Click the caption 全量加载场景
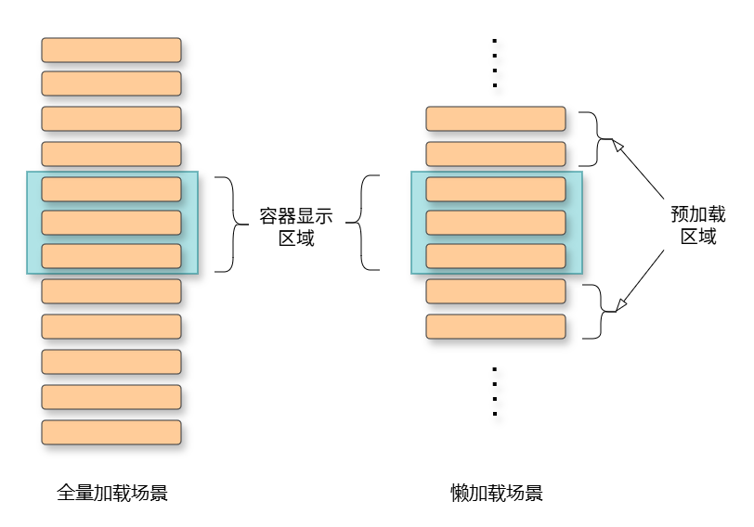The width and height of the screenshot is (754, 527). point(112,493)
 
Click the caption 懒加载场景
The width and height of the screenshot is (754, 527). point(496,493)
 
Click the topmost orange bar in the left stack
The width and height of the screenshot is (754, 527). point(111,50)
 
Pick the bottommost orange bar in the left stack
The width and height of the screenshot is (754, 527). point(111,432)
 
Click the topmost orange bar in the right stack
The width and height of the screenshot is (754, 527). point(496,119)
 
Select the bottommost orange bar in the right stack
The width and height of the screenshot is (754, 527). point(496,327)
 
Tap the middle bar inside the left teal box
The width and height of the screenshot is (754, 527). point(111,223)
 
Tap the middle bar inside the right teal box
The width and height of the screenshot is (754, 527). point(496,223)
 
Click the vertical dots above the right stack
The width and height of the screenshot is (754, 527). point(495,63)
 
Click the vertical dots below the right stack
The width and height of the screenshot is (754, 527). point(495,391)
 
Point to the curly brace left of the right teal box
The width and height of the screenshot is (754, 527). point(369,223)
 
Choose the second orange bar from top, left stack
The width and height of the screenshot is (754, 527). point(111,84)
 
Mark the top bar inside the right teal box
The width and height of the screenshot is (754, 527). point(496,189)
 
